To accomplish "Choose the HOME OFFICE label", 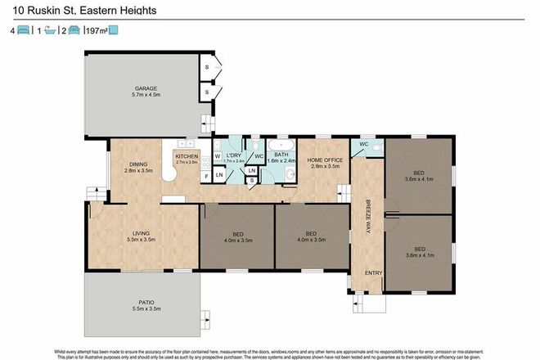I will tap(324, 160).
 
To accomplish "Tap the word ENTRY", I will tap(373, 272).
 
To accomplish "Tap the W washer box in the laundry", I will tap(217, 155).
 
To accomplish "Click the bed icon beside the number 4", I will tap(24, 30).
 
